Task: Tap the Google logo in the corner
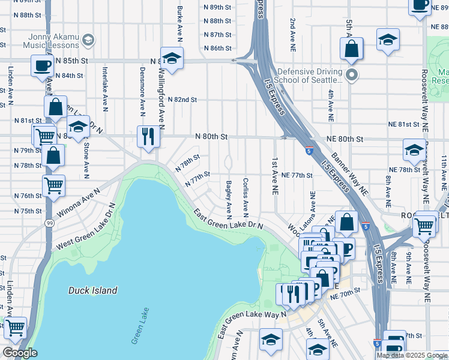point(20,353)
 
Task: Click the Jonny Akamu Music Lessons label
point(52,41)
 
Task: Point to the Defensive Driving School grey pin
point(352,76)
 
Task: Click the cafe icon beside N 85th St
point(43,65)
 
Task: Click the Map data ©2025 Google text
point(411,355)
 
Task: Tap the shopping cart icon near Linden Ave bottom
point(15,328)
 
